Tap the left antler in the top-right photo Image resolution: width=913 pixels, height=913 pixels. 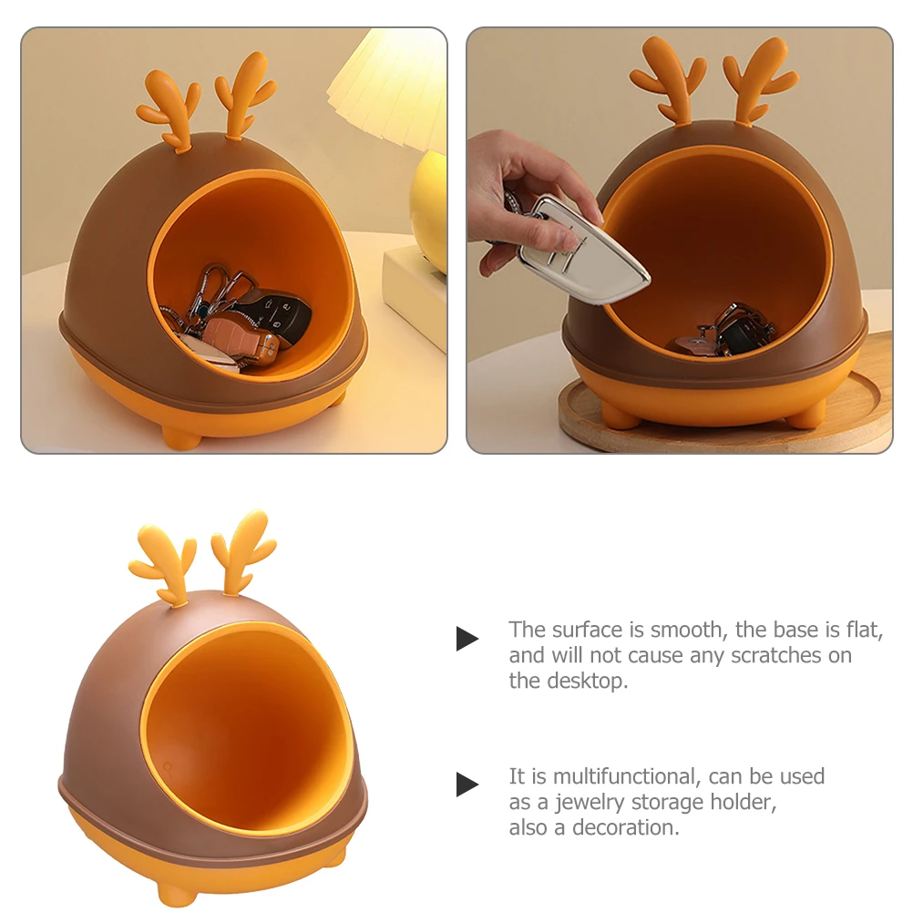click(670, 78)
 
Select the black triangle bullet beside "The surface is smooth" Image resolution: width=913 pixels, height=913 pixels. click(467, 638)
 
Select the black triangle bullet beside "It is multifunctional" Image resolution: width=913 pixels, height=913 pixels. click(467, 784)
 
